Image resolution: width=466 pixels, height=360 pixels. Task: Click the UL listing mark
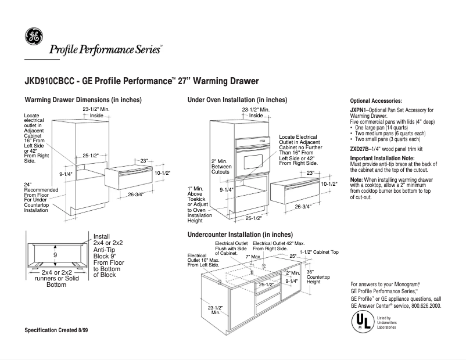pyautogui.click(x=362, y=320)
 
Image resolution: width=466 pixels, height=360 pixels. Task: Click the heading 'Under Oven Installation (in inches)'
pyautogui.click(x=237, y=100)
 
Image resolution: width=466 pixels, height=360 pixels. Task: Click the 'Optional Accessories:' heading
pyautogui.click(x=376, y=101)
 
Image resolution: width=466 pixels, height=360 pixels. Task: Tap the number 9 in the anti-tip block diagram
pyautogui.click(x=55, y=255)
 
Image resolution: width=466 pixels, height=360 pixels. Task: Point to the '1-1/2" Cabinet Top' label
pyautogui.click(x=319, y=253)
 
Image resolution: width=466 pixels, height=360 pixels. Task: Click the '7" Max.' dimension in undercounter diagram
pyautogui.click(x=253, y=256)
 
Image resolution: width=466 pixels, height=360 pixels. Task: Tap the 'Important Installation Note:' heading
pyautogui.click(x=382, y=159)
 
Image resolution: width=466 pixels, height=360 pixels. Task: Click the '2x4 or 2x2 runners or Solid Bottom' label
pyautogui.click(x=56, y=279)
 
